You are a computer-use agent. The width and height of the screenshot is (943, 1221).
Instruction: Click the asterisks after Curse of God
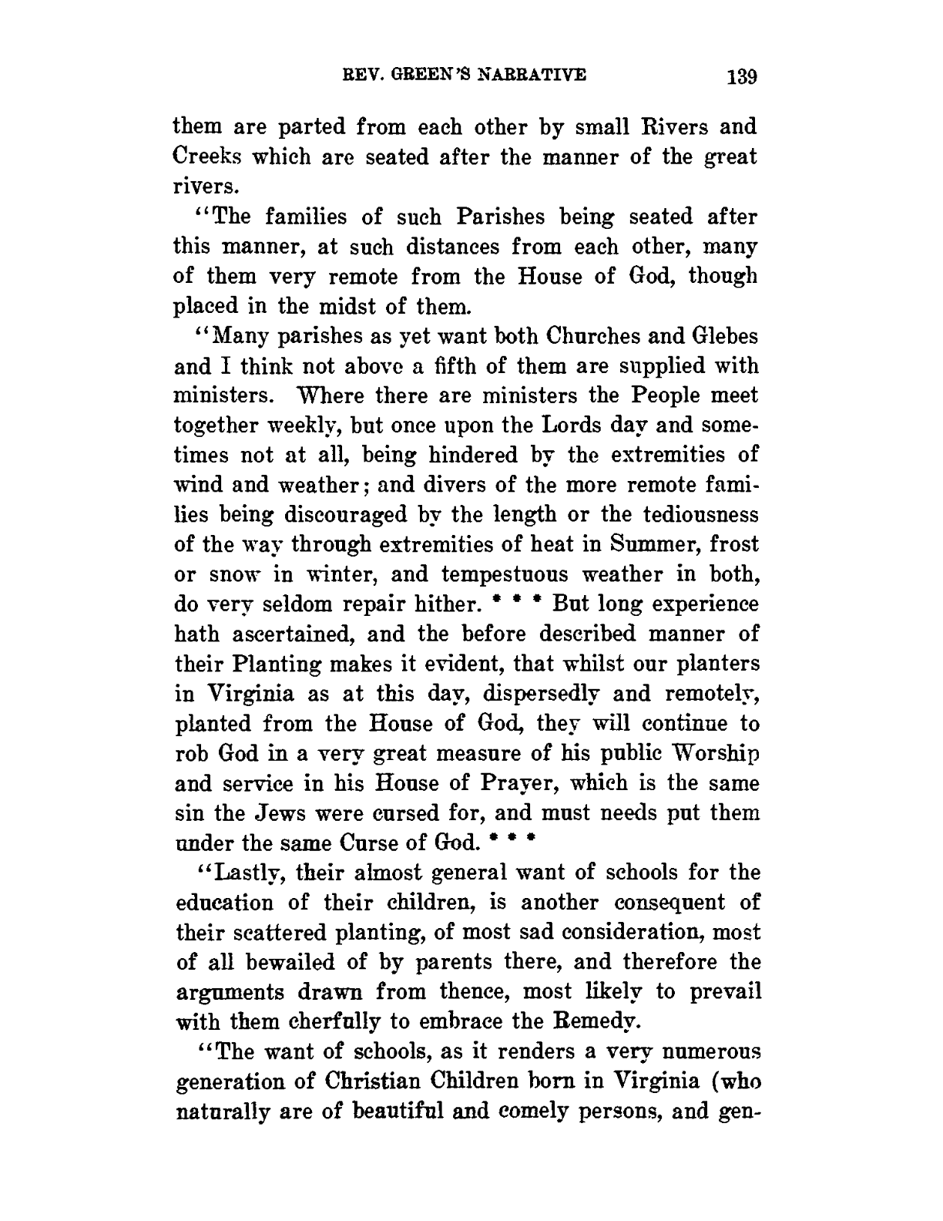coord(513,841)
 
